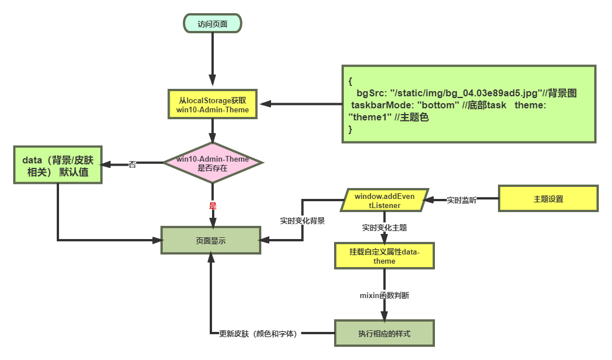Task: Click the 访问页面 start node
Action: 213,24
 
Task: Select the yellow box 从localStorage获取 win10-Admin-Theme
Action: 213,104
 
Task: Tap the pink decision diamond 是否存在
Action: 213,163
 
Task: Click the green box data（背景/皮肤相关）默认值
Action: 58,165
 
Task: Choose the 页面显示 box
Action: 210,241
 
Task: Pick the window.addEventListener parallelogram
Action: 385,200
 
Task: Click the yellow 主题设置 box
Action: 548,199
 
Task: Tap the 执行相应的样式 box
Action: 384,334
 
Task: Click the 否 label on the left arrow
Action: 132,165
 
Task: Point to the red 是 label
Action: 213,205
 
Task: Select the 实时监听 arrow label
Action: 461,200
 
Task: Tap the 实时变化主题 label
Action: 385,228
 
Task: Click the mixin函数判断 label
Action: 384,296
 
